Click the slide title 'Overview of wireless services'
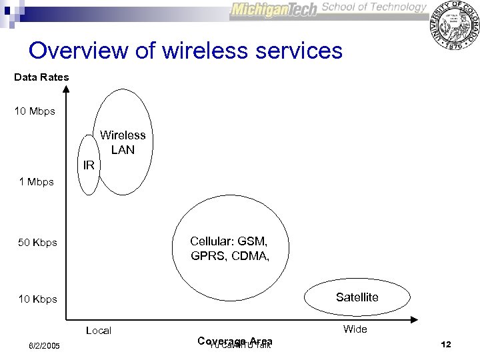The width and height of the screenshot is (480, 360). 185,51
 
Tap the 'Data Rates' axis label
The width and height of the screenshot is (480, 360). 41,77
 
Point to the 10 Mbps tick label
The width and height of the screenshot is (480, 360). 35,111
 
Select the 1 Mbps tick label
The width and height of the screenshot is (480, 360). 37,181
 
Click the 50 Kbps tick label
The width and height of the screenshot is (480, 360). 37,243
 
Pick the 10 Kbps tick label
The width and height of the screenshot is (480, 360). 37,299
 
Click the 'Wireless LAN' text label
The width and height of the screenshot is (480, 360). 123,143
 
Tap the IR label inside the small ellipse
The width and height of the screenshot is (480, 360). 88,165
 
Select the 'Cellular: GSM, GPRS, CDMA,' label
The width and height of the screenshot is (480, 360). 229,248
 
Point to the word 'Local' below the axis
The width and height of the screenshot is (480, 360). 99,331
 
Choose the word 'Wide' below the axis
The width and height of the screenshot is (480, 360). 355,329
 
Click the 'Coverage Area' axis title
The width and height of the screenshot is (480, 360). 235,341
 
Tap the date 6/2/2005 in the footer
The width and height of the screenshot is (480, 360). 44,346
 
